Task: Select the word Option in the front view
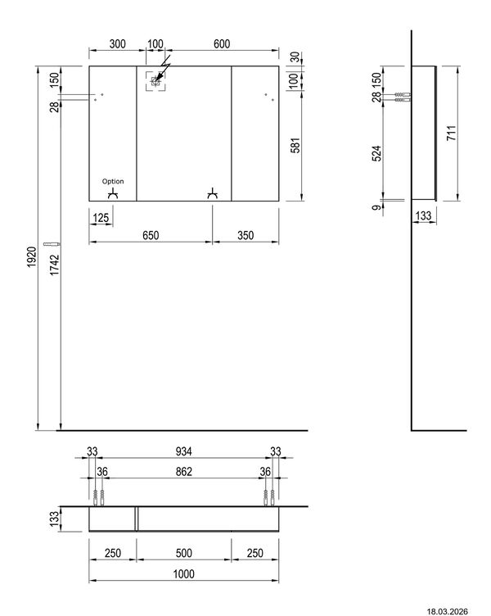[x=114, y=181]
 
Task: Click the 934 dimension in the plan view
[x=183, y=451]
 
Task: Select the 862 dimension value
[x=183, y=471]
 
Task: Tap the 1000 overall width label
[x=183, y=576]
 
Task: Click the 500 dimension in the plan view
[x=183, y=554]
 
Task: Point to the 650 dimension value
[x=151, y=235]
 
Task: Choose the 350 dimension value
[x=245, y=235]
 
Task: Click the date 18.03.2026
[x=457, y=610]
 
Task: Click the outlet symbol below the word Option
[x=114, y=193]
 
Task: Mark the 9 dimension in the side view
[x=376, y=208]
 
